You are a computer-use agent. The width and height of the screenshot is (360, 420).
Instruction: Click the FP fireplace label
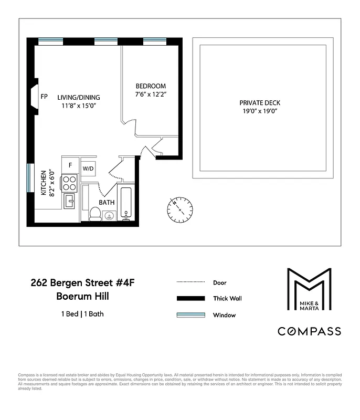[44, 97]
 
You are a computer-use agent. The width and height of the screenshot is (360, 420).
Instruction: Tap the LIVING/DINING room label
[79, 98]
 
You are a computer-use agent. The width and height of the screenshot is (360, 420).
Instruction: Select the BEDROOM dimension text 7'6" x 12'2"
[151, 95]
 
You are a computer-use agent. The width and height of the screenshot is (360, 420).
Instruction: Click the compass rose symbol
[179, 208]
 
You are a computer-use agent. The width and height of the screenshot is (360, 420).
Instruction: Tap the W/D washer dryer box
[88, 169]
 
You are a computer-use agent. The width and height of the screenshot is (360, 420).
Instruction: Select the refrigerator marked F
[70, 165]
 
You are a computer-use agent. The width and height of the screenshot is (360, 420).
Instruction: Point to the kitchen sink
[70, 200]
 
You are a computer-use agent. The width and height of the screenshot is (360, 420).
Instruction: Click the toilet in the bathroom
[95, 213]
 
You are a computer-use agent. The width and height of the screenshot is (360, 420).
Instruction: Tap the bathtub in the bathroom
[126, 202]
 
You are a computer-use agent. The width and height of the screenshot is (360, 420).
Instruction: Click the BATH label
[108, 202]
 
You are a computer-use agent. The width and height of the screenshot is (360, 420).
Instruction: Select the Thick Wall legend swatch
[190, 298]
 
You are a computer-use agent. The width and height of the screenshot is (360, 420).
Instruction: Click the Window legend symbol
[190, 315]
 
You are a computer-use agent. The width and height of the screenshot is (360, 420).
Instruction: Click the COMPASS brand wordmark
[309, 331]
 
